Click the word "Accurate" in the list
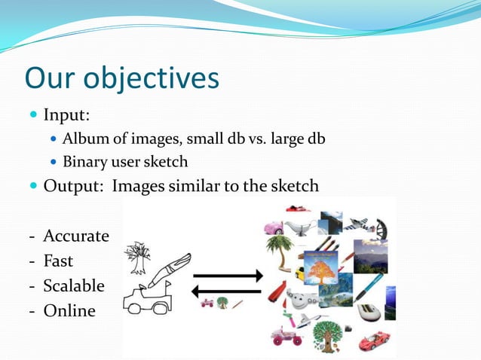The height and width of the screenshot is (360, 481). point(75,236)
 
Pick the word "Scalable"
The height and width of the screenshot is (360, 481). point(74,285)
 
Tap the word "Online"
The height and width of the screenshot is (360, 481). point(69,310)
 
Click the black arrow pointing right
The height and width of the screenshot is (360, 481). point(226,276)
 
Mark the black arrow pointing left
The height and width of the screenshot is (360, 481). point(226,292)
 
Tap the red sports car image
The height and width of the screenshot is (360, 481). point(374,341)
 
